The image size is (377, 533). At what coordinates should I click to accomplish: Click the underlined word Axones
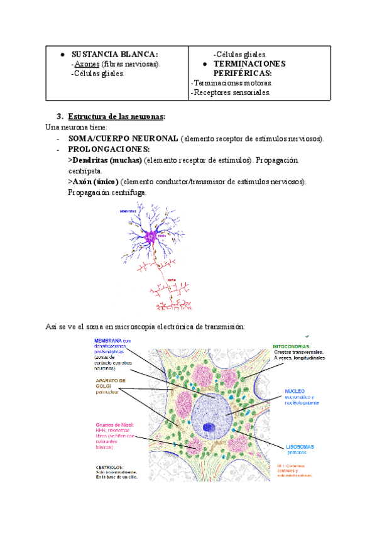pos(86,63)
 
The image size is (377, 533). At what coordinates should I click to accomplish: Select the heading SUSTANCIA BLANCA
pos(114,54)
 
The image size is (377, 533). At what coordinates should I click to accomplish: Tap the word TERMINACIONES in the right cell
pos(249,64)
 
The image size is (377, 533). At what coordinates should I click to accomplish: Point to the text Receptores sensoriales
pos(231,92)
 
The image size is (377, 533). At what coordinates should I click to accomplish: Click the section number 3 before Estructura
pos(60,116)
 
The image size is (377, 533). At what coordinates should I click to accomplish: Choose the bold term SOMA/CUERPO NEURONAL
pos(123,138)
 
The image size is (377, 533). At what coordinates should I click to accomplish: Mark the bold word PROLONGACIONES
pos(109,150)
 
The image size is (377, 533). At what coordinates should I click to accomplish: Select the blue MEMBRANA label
pos(108,341)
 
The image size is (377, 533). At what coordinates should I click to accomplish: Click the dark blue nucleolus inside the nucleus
pos(209,429)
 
